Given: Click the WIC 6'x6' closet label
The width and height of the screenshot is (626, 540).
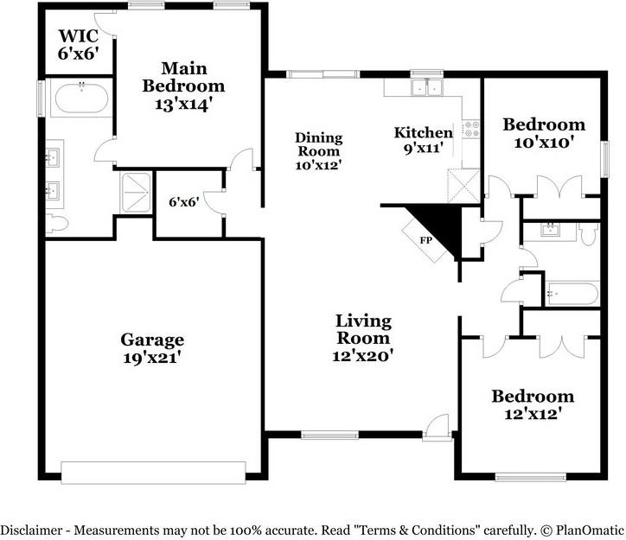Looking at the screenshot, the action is click(78, 45).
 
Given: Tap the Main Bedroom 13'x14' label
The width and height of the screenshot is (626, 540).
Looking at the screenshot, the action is click(183, 86).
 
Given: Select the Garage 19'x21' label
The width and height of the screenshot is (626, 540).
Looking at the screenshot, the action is click(152, 348).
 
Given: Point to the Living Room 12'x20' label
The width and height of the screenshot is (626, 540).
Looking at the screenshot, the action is click(363, 338).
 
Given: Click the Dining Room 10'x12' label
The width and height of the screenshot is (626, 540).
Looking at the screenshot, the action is click(318, 151).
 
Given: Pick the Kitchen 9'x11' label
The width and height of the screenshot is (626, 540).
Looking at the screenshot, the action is click(424, 140).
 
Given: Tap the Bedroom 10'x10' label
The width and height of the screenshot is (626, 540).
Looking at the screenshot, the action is click(544, 133).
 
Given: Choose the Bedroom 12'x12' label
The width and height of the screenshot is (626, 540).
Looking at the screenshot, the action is click(533, 405).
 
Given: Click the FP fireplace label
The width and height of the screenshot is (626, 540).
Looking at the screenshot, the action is click(426, 240).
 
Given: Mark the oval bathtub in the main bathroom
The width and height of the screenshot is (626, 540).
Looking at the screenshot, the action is click(81, 98).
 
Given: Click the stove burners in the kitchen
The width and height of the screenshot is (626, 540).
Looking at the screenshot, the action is click(471, 129).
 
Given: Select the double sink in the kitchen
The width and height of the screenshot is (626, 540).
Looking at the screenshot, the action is click(427, 87).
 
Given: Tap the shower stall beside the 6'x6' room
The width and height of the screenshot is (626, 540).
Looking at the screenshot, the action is click(136, 194).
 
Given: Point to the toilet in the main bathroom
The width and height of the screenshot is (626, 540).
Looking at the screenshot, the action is click(56, 223).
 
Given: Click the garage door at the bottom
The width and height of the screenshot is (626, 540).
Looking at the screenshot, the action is click(153, 473).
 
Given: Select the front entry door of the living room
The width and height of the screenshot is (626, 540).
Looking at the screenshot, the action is click(438, 429).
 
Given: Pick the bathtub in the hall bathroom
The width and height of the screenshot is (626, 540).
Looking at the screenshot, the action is click(572, 294).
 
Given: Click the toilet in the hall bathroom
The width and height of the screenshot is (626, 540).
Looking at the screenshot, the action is click(590, 233).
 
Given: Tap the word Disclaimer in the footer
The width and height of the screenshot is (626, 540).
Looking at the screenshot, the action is click(31, 530).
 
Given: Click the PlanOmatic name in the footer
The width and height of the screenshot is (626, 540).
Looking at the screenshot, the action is click(590, 530).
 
